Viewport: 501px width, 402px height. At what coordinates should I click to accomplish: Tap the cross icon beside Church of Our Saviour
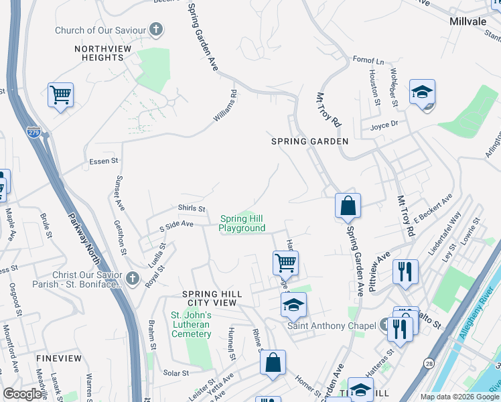tap(156, 29)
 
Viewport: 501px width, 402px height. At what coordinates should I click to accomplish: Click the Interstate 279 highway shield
tap(33, 133)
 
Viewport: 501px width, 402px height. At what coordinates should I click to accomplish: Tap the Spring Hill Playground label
tap(242, 223)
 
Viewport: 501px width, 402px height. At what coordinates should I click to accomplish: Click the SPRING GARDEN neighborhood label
tap(309, 141)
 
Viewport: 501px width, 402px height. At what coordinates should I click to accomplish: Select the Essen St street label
tap(103, 161)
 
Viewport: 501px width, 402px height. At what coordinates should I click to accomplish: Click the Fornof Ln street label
tap(368, 60)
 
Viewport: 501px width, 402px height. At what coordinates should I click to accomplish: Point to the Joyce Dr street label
tap(384, 124)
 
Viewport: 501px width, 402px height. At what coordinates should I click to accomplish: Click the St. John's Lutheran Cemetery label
tap(192, 324)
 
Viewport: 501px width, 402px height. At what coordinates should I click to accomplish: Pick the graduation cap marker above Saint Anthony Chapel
tap(293, 306)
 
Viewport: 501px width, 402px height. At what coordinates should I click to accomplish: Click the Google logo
tap(23, 394)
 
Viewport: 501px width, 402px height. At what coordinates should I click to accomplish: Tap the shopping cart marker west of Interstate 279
tap(60, 95)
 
